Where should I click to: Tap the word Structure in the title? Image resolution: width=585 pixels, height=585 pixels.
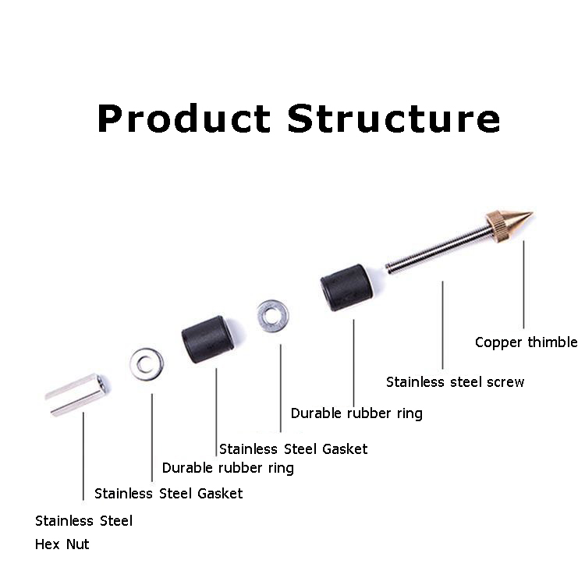pos(393,119)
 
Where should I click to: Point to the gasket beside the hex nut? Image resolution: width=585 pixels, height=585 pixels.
pos(147,363)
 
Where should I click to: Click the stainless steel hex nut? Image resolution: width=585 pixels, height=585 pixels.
pos(77,393)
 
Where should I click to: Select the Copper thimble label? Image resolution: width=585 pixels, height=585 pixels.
pos(526,342)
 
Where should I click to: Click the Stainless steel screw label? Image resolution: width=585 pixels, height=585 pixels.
pos(455,382)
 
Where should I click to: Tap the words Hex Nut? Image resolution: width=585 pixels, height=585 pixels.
pos(62,544)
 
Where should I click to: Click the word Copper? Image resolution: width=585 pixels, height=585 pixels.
pos(498,342)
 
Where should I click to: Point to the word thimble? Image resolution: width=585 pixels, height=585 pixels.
pos(552,342)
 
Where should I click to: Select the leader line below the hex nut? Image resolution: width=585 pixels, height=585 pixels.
pos(83,456)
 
